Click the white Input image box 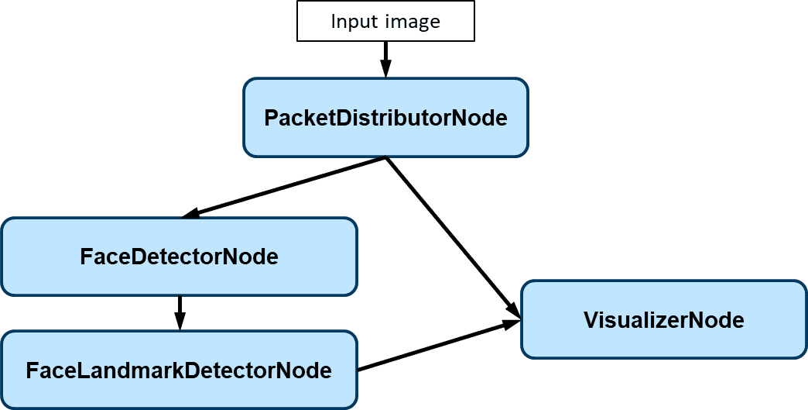click(x=385, y=21)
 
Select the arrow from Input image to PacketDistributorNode click(x=385, y=58)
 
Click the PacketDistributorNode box click(x=385, y=118)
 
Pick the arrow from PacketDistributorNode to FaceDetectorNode click(x=286, y=186)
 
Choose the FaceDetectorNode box click(x=179, y=257)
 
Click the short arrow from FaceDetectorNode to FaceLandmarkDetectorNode click(x=179, y=312)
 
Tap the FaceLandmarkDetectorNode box click(x=179, y=370)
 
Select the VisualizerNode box click(x=663, y=320)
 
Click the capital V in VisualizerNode click(x=590, y=320)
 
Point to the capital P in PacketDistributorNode click(x=271, y=119)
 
